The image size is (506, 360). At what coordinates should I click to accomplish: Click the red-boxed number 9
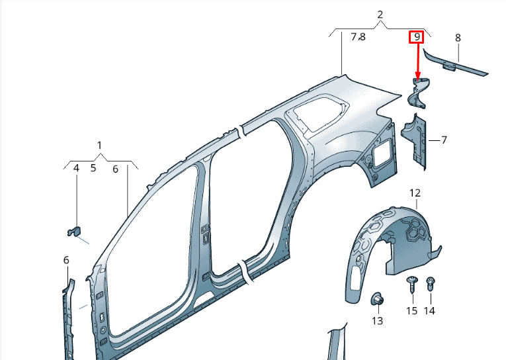[417, 37]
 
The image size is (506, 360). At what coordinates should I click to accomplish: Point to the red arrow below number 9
[418, 62]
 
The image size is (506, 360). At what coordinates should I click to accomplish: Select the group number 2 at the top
[380, 15]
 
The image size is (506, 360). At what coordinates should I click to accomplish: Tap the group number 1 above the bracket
[99, 146]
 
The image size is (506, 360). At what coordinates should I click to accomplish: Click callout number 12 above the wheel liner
[415, 193]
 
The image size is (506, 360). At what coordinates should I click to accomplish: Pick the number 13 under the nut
[377, 320]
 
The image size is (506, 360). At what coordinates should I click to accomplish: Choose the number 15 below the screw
[412, 310]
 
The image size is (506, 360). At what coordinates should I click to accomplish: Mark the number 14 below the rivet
[429, 310]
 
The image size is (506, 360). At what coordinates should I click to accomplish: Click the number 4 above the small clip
[76, 168]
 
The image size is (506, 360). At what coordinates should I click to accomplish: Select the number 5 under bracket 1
[93, 168]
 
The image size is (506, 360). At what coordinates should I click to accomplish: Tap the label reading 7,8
[358, 37]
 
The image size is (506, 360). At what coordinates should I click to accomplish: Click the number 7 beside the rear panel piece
[444, 140]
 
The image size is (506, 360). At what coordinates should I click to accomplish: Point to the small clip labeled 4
[75, 231]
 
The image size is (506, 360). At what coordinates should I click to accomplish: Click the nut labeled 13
[377, 299]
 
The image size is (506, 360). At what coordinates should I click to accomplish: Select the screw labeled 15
[412, 284]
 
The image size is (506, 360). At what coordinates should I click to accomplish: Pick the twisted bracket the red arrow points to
[417, 93]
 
